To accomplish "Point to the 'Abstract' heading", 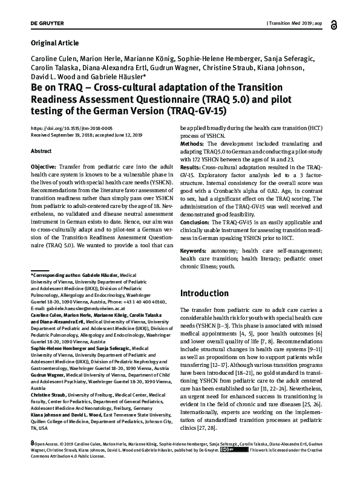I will point(41,151).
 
